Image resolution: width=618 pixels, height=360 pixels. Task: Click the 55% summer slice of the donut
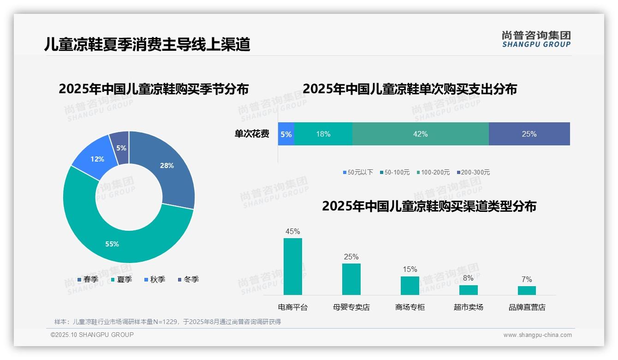pyautogui.click(x=112, y=243)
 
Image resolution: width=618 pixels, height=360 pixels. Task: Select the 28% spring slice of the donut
pyautogui.click(x=166, y=166)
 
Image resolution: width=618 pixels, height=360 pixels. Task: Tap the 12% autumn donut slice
pyautogui.click(x=97, y=159)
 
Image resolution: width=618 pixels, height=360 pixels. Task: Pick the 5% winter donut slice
pyautogui.click(x=121, y=148)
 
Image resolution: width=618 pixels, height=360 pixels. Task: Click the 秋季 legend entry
pyautogui.click(x=154, y=279)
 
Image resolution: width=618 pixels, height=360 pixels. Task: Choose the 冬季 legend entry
pyautogui.click(x=188, y=279)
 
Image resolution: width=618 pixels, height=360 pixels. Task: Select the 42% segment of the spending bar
pyautogui.click(x=420, y=134)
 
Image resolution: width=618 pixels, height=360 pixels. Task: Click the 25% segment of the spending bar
pyautogui.click(x=529, y=134)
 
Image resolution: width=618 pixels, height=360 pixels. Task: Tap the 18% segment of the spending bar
pyautogui.click(x=323, y=134)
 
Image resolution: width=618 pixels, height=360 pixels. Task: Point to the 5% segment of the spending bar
pyautogui.click(x=286, y=134)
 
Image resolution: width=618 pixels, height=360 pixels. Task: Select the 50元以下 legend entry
pyautogui.click(x=358, y=172)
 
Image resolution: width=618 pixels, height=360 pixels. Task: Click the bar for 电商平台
pyautogui.click(x=293, y=266)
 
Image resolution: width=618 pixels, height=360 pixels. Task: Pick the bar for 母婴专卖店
pyautogui.click(x=351, y=279)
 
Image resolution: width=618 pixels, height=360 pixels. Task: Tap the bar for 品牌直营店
pyautogui.click(x=527, y=290)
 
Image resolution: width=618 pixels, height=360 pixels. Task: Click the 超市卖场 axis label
pyautogui.click(x=468, y=307)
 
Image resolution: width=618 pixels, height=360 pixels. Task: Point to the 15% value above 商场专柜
pyautogui.click(x=410, y=269)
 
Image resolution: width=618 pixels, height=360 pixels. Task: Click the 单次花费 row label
pyautogui.click(x=252, y=134)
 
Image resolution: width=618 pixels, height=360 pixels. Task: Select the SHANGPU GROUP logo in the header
pyautogui.click(x=536, y=39)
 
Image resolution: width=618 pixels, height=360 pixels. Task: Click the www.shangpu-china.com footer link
pyautogui.click(x=537, y=335)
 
